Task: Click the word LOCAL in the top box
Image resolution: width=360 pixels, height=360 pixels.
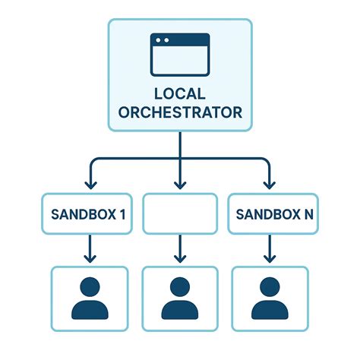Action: [x=180, y=93]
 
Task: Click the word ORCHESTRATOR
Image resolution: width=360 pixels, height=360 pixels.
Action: [x=180, y=112]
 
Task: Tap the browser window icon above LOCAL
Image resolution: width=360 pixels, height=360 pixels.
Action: [x=180, y=55]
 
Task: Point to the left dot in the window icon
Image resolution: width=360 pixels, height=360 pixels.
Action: [x=158, y=40]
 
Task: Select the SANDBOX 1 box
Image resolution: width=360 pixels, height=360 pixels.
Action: [x=87, y=213]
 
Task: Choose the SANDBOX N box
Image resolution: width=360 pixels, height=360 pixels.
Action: [x=273, y=213]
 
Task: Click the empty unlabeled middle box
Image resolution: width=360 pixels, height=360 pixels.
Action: [x=180, y=213]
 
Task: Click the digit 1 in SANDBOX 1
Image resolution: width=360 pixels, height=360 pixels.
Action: [x=122, y=214]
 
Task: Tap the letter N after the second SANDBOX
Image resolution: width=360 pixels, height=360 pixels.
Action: [x=308, y=214]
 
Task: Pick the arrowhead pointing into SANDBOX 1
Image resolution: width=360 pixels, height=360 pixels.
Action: [x=91, y=185]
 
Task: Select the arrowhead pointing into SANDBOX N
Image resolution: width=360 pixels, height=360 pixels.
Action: [x=270, y=185]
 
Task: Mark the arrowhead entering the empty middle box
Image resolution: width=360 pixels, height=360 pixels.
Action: [x=180, y=185]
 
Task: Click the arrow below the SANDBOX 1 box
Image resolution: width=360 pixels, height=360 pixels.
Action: [x=90, y=248]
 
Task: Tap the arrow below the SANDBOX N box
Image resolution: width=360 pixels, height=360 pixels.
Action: [x=270, y=248]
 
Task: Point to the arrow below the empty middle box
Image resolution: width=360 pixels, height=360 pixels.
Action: [x=180, y=248]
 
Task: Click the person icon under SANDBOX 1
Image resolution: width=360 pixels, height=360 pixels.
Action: [x=90, y=298]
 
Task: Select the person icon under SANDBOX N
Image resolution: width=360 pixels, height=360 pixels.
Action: [x=270, y=298]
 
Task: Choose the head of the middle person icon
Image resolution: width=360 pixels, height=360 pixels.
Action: [x=180, y=287]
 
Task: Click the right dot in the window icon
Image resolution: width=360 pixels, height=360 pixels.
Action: [x=166, y=40]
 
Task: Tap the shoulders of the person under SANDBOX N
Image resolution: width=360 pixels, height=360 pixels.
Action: [x=270, y=310]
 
